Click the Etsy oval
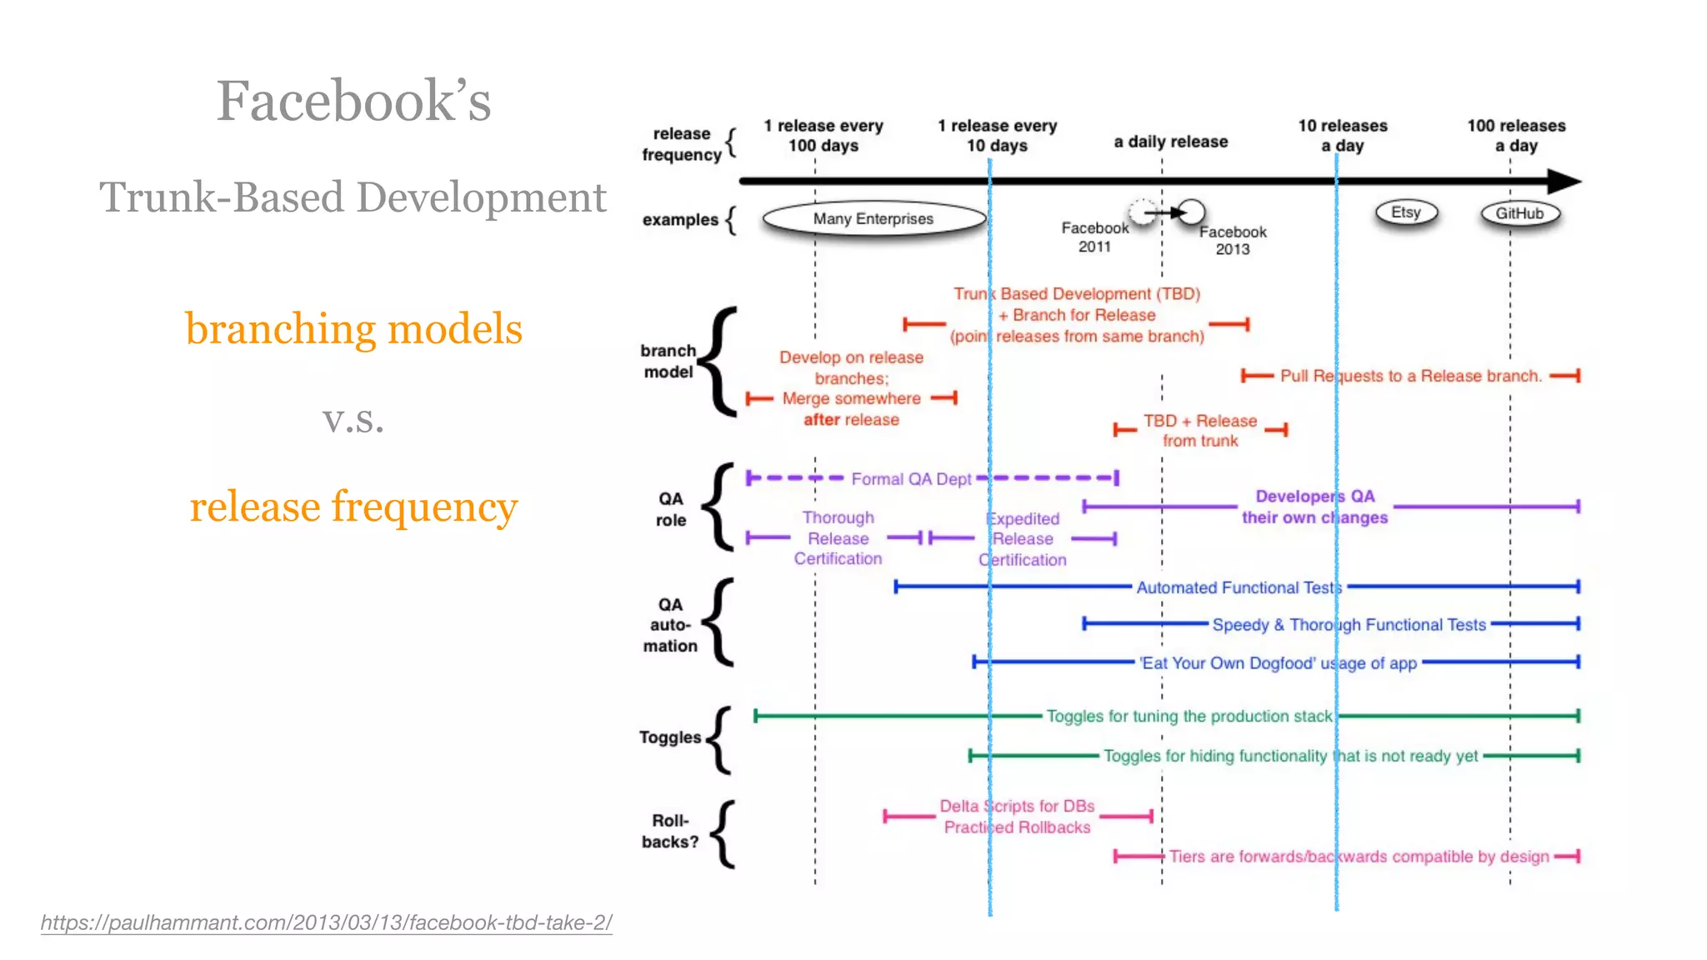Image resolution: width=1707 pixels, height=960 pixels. coord(1406,212)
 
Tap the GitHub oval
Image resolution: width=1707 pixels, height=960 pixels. coord(1519,213)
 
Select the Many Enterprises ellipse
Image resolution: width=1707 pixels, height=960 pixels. coord(874,218)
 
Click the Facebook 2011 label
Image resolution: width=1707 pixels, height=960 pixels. coord(1094,237)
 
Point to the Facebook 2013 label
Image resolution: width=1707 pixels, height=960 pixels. coord(1233,240)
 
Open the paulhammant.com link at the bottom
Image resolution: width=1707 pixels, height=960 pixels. coord(326,922)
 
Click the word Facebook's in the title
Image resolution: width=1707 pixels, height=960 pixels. coord(353,101)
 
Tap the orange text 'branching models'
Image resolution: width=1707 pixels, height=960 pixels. coord(353,328)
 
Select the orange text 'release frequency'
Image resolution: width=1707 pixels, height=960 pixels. coord(353,507)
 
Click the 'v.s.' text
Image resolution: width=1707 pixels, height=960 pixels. coord(353,419)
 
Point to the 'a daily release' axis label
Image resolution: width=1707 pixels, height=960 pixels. coord(1170,142)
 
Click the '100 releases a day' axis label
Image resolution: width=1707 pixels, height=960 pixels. coord(1516,136)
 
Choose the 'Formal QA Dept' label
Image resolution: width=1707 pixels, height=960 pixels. coord(911,479)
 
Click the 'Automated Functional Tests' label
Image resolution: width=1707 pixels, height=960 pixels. coord(1239,587)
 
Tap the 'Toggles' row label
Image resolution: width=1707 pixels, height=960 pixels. coord(670,737)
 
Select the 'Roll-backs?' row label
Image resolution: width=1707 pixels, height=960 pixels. coord(670,831)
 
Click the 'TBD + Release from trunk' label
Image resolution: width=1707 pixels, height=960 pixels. coord(1200,431)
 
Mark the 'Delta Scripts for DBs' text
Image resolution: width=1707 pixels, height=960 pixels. coord(1017,806)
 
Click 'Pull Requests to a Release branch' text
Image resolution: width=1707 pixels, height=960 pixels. coord(1410,376)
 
